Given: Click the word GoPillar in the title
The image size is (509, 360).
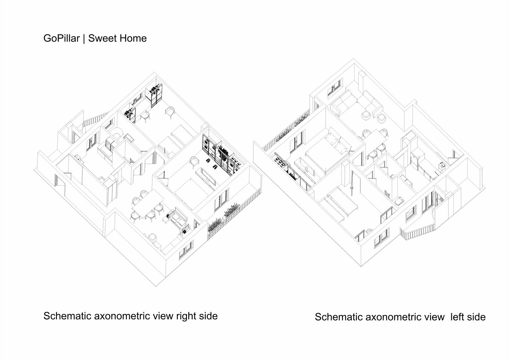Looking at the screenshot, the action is tap(61, 38).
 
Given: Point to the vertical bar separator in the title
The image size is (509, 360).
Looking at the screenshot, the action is tap(84, 38).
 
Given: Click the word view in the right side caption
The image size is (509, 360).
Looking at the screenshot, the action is tap(163, 316).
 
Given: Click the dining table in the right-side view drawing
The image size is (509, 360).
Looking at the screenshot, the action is tap(148, 204).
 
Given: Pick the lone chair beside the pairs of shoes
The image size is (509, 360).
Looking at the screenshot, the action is tap(194, 163).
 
